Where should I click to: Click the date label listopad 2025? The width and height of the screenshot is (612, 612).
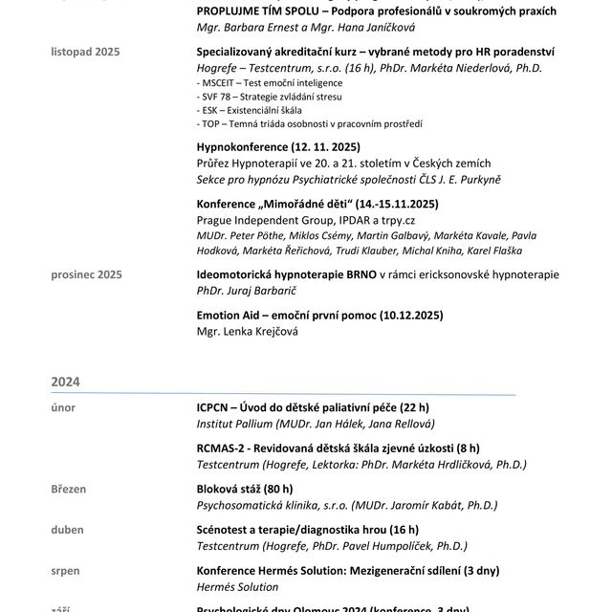[x=86, y=51]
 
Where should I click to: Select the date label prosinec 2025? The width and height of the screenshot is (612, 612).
[x=86, y=275]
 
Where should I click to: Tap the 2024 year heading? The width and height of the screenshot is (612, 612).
[x=66, y=381]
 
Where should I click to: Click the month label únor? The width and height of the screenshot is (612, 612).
[x=63, y=408]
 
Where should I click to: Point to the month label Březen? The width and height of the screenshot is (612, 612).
[x=69, y=490]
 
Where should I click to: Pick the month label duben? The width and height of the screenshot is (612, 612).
[x=68, y=530]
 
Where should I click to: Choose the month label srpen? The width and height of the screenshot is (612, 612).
[x=66, y=571]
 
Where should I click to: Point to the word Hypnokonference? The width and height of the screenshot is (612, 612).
[x=242, y=148]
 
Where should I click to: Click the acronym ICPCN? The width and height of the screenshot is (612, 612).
[x=215, y=408]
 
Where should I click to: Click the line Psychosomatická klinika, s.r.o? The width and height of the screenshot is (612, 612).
[x=272, y=505]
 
